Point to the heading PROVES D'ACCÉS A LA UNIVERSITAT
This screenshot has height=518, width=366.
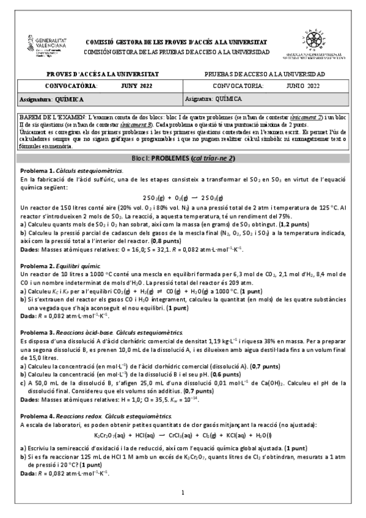point(103,73)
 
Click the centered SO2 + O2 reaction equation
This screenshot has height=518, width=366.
point(183,198)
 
